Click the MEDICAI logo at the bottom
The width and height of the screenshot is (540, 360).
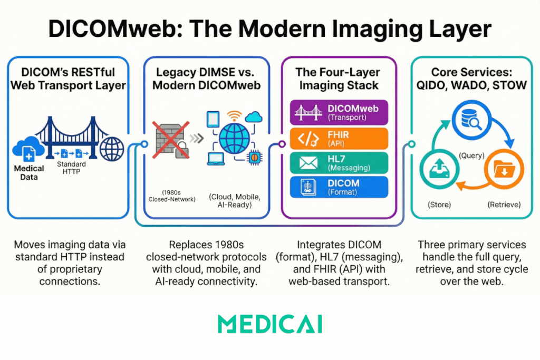(x=269, y=324)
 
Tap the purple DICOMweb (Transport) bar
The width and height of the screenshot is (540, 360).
(x=339, y=112)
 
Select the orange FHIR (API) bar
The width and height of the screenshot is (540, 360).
(x=339, y=138)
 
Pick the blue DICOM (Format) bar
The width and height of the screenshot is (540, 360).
(x=339, y=187)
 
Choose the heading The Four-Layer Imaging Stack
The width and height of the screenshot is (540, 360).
(x=339, y=79)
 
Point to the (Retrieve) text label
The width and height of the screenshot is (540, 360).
(x=504, y=205)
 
